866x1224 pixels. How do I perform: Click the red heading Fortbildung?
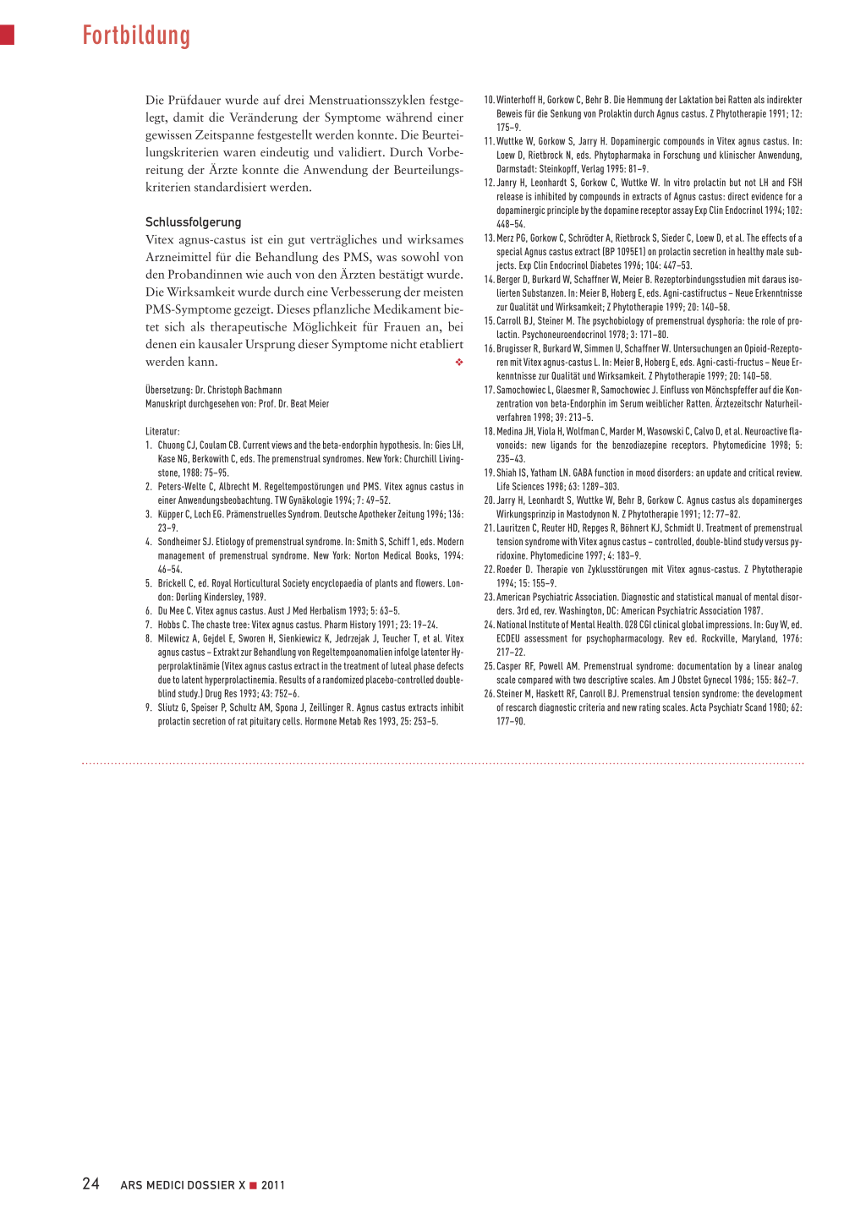click(x=136, y=36)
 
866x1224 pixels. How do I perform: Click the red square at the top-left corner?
click(x=7, y=35)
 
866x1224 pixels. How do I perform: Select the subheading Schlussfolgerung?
click(x=194, y=222)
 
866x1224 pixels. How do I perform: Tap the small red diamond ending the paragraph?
click(x=459, y=363)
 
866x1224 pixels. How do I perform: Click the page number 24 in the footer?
click(x=90, y=1184)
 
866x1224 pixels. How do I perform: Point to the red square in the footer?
click(x=253, y=1185)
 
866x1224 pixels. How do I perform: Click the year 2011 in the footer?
click(x=273, y=1185)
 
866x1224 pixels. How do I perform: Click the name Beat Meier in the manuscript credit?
click(x=310, y=404)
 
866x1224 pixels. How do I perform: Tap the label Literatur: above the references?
click(x=162, y=432)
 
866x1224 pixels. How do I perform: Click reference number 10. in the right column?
click(x=489, y=100)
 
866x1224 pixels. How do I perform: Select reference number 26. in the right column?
click(x=489, y=694)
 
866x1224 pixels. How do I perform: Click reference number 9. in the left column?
click(x=149, y=708)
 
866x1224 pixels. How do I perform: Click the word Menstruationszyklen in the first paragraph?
click(x=357, y=101)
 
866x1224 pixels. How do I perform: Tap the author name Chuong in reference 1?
click(x=171, y=445)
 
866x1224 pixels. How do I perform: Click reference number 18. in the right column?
click(x=489, y=432)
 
